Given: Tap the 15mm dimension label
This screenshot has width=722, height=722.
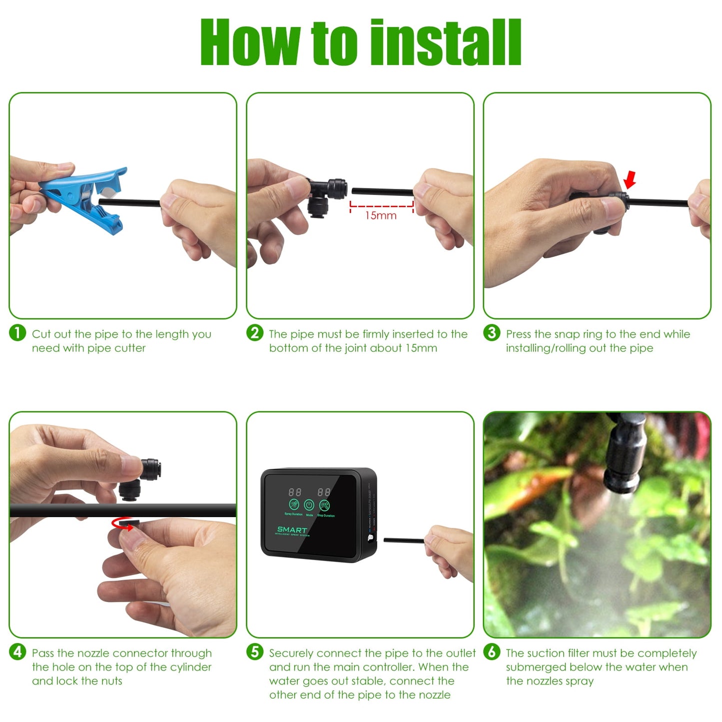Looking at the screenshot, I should coord(381,216).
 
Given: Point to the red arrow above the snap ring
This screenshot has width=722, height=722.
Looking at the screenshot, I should coord(630,179).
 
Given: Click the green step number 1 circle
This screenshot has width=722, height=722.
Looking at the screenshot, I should coord(17,333).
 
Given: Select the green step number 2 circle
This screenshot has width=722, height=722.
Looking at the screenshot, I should coord(255,333).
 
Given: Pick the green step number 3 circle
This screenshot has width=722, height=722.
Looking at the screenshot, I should coord(492,333).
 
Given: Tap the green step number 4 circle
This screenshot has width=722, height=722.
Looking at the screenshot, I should coord(17,652).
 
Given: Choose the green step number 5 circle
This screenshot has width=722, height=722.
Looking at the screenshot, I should coord(255,652).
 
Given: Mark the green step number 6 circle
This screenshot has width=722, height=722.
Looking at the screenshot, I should coord(492,652).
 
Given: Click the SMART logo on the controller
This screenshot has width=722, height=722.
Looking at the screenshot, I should coord(292,530).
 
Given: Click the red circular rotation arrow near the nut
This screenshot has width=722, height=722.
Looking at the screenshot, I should coord(123,524).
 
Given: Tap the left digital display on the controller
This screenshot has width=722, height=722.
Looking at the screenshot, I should coord(295,492).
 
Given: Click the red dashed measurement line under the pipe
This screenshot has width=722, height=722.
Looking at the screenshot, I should coord(382,205).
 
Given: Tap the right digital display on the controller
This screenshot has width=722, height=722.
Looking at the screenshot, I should coord(324,492).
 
